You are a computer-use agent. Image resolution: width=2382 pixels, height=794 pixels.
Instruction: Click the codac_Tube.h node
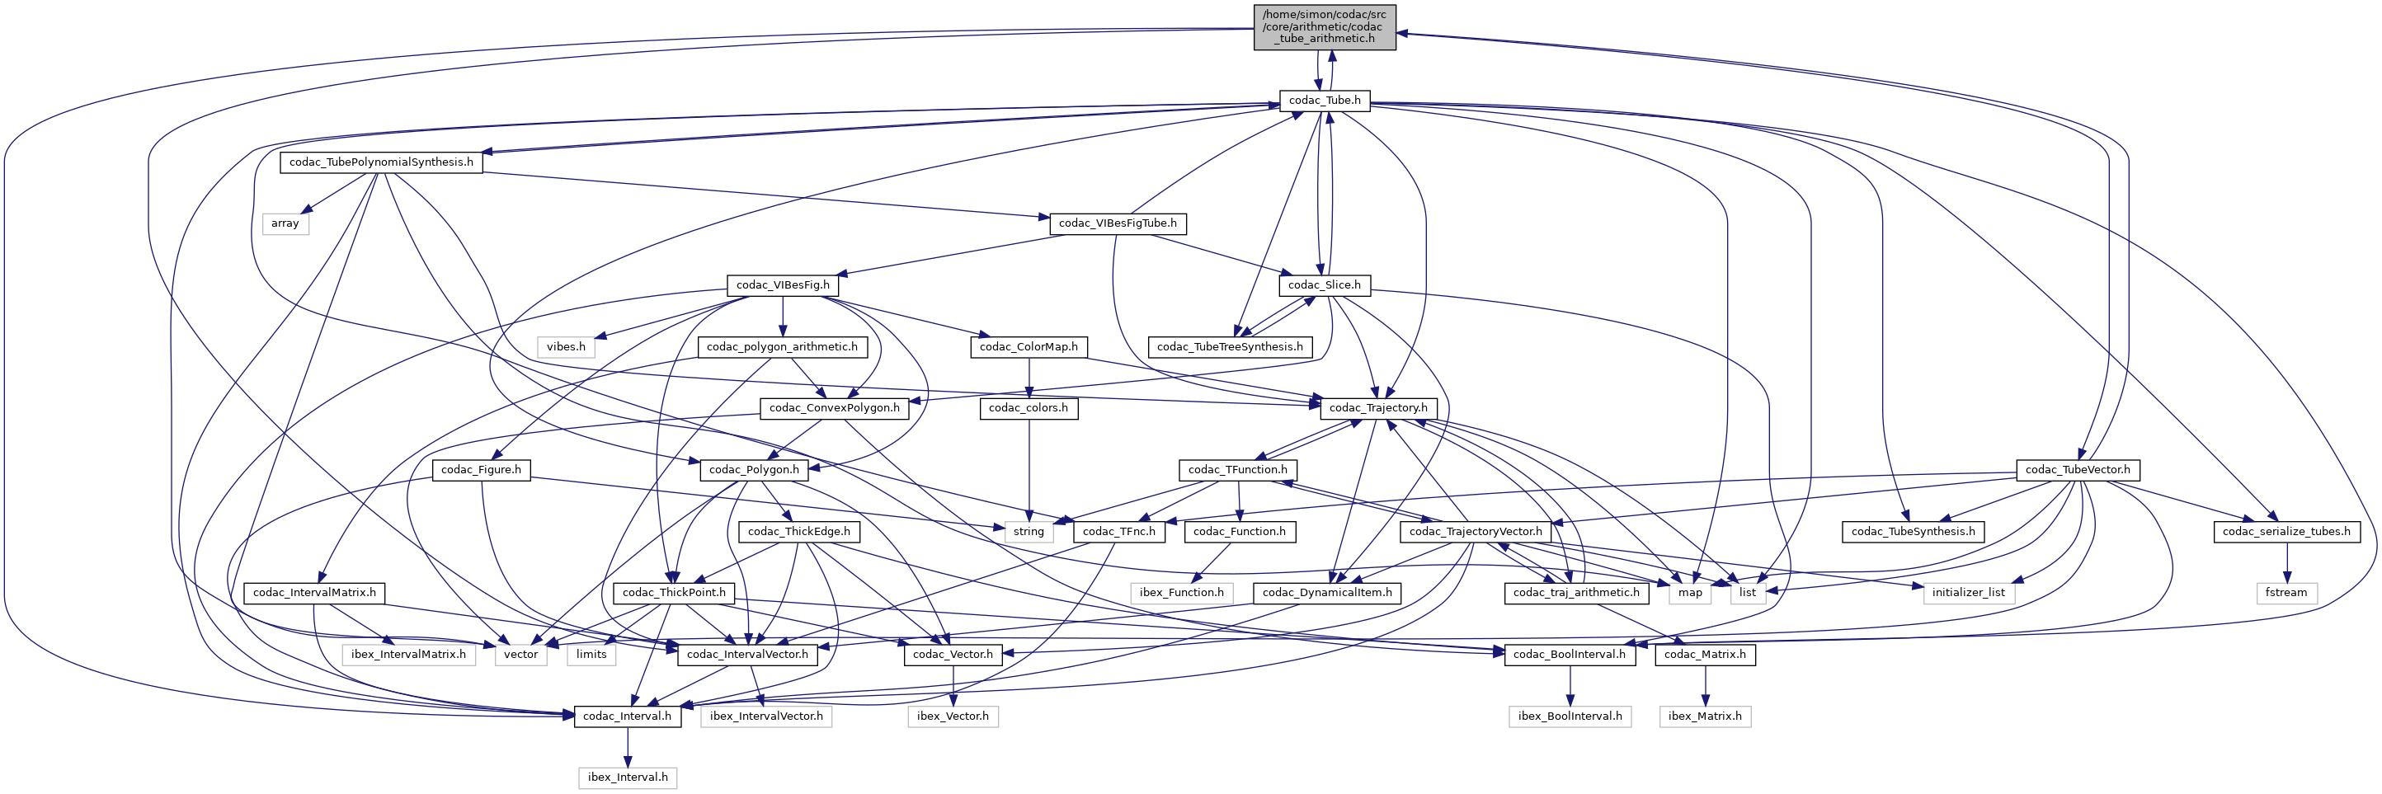tap(1324, 100)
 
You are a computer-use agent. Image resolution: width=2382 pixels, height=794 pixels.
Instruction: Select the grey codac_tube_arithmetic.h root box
tap(1324, 27)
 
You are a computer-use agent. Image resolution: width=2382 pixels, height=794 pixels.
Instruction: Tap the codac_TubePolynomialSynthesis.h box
tap(381, 162)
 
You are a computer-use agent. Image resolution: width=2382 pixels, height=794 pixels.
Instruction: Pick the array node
tap(285, 223)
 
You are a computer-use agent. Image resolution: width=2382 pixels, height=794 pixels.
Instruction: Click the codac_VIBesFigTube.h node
tap(1117, 223)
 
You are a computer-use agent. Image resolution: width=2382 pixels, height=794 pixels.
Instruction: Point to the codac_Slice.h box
tap(1324, 284)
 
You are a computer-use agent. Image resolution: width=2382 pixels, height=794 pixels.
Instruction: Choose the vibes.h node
tap(566, 346)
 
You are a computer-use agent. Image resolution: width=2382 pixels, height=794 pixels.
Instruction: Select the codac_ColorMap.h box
tap(1029, 346)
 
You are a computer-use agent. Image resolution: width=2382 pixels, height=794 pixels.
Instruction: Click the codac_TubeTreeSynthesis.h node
tap(1229, 346)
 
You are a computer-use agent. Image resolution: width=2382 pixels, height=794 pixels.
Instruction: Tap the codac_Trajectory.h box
tap(1377, 407)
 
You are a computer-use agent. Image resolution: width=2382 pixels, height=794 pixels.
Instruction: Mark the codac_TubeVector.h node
tap(2077, 470)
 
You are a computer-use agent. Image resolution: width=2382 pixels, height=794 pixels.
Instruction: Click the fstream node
tap(2285, 593)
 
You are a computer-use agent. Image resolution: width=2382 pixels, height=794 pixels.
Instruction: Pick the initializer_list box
tap(1969, 593)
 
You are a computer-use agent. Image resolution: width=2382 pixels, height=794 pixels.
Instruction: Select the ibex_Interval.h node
tap(627, 778)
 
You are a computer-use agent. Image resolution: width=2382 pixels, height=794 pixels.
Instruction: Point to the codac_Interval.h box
tap(627, 716)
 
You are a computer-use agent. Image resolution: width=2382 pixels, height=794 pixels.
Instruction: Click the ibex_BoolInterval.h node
tap(1570, 716)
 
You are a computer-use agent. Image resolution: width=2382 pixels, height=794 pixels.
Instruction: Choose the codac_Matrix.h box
tap(1705, 655)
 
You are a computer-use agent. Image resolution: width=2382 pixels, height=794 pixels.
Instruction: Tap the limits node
tap(592, 655)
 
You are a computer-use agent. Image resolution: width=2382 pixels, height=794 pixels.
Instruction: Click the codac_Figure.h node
tap(481, 470)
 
